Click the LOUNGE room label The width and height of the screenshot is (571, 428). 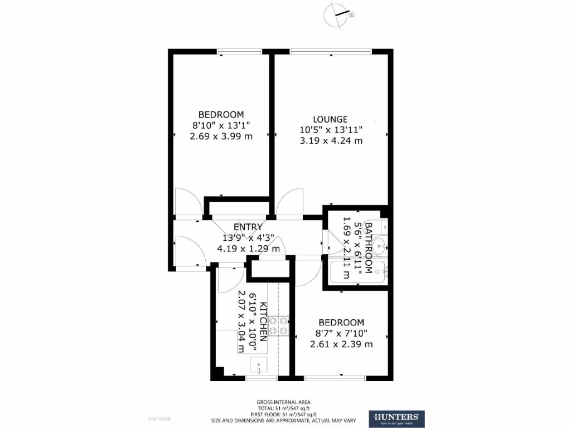pos(330,119)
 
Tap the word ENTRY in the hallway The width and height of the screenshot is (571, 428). pos(248,227)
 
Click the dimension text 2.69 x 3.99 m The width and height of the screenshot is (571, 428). pos(222,137)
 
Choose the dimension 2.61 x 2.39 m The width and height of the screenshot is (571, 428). pos(341,344)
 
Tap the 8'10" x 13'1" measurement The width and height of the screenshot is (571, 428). pos(222,126)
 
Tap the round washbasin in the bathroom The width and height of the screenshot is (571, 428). pos(381,244)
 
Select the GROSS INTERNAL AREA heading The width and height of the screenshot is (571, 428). pos(283,402)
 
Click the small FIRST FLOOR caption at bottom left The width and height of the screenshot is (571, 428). pos(159,419)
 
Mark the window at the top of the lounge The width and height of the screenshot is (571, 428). pos(331,51)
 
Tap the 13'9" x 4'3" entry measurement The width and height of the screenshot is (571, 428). pos(248,238)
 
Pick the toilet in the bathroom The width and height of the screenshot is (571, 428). pos(382,226)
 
